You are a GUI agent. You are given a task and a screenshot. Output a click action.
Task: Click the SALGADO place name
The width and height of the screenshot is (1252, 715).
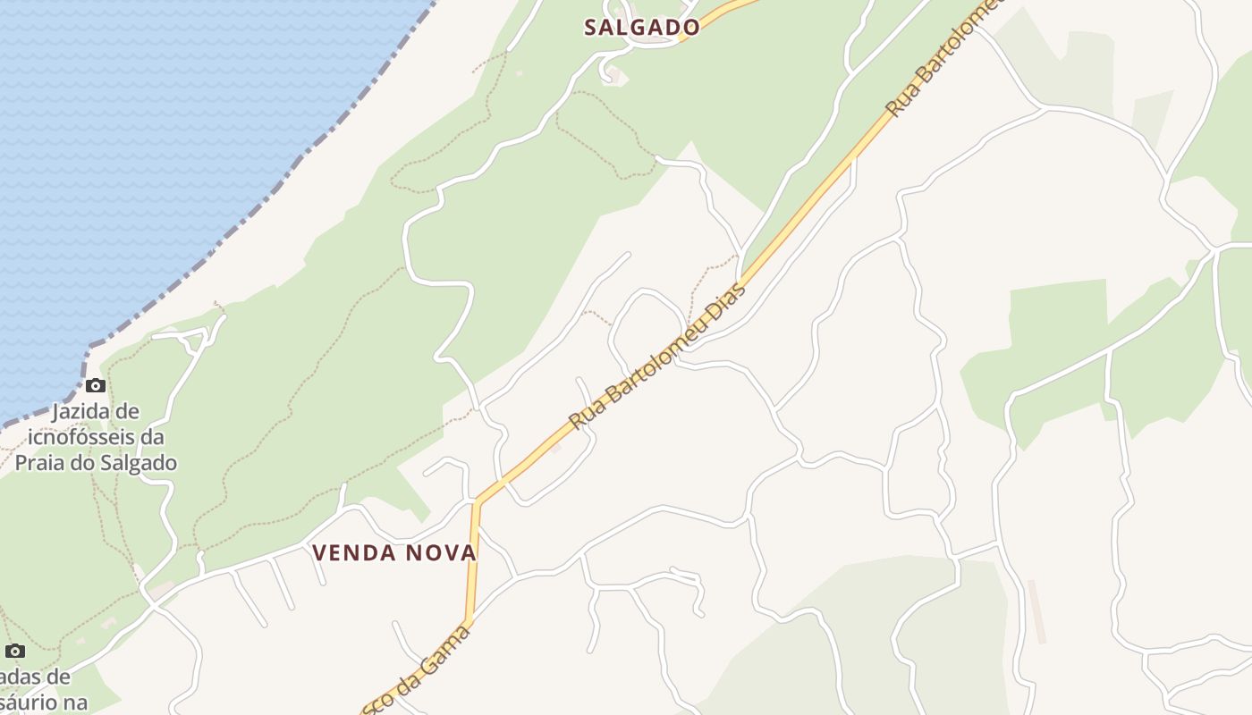coord(641,27)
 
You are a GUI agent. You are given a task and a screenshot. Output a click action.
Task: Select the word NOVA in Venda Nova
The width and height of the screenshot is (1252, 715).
coord(440,553)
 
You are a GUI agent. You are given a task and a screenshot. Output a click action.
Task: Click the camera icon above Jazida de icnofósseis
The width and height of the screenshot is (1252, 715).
coord(96,386)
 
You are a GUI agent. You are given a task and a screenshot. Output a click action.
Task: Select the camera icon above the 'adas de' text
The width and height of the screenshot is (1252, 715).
coord(15,651)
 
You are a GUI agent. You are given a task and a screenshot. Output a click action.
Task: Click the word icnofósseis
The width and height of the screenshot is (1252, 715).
coord(97,437)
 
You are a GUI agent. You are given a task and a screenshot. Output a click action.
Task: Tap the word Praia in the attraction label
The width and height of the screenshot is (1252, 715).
coord(40,463)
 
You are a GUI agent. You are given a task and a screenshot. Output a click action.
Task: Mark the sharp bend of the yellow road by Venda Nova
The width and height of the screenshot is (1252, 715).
coord(478,500)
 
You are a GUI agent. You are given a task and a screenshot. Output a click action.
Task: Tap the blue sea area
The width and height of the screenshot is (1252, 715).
coord(134,134)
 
